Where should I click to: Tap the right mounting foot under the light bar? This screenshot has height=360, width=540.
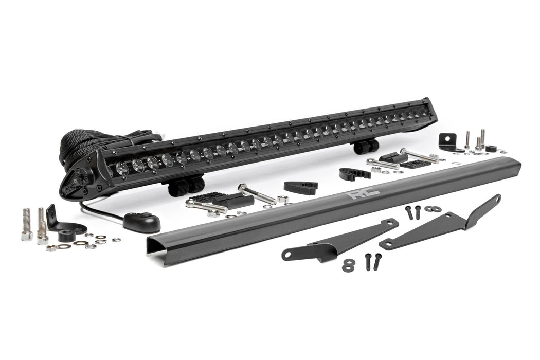(x=365, y=147)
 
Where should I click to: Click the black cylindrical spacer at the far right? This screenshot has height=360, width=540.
(x=491, y=149)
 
